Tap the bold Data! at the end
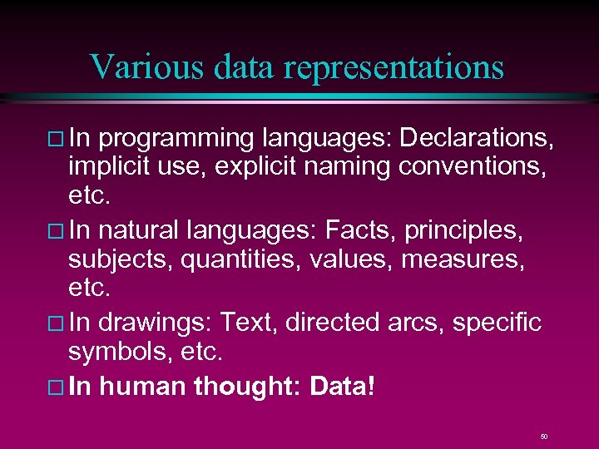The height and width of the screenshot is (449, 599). [342, 386]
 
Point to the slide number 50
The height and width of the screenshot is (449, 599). [543, 436]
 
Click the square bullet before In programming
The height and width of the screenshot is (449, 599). [56, 137]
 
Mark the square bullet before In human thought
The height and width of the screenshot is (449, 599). [56, 387]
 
